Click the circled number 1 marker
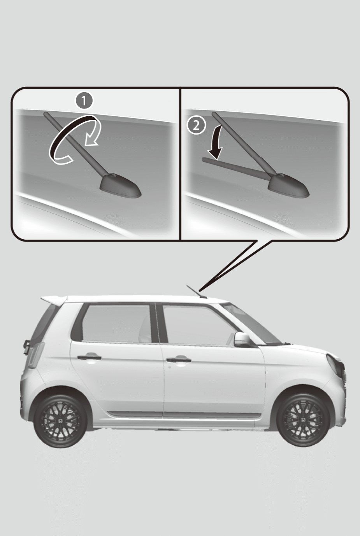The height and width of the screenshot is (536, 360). click(84, 101)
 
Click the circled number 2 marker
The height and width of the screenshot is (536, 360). click(196, 125)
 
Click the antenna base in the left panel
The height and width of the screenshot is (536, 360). click(120, 186)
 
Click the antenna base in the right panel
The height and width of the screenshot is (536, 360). click(288, 186)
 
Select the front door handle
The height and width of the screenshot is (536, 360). click(179, 360)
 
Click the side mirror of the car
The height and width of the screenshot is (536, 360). click(242, 339)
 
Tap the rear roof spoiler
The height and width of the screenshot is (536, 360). click(54, 300)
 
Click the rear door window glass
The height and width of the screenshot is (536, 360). click(116, 322)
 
